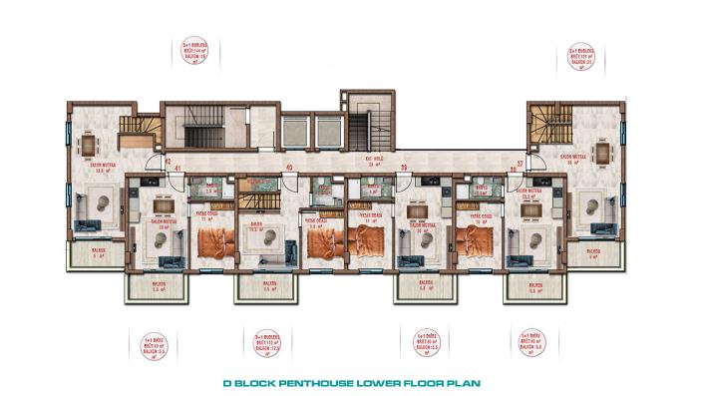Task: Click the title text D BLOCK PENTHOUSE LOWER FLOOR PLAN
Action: coord(351,381)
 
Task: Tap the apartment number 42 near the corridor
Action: coord(169,160)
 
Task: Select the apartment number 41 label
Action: coord(177,169)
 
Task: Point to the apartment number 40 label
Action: coord(289,167)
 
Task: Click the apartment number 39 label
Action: coord(404,167)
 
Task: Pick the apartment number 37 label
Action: coord(520,160)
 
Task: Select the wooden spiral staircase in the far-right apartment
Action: coord(544,126)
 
